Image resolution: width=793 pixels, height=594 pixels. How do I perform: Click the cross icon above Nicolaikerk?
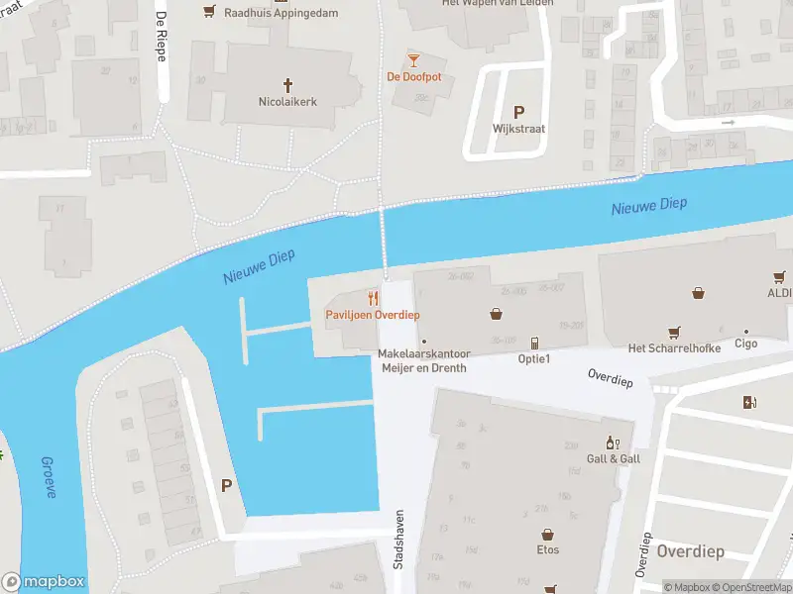[289, 85]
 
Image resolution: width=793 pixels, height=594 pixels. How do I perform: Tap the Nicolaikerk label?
[287, 102]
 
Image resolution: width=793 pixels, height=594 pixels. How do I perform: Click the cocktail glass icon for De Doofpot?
[413, 59]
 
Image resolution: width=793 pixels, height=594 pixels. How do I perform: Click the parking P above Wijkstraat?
[517, 112]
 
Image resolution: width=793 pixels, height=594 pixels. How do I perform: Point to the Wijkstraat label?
[517, 129]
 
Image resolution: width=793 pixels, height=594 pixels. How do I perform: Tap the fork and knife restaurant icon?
[373, 298]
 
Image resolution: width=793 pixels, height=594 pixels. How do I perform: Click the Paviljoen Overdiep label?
[373, 315]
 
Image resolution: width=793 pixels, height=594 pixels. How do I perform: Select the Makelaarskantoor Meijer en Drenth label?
[424, 361]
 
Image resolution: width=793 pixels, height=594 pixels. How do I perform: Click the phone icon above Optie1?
[534, 343]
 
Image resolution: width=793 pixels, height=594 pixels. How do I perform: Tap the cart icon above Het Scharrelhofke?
[674, 333]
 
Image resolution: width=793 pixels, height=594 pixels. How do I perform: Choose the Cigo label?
[745, 344]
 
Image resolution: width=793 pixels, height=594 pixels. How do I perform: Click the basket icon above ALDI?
[699, 292]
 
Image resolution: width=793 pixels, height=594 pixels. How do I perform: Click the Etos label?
[547, 550]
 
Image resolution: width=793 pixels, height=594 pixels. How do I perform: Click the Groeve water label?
[49, 477]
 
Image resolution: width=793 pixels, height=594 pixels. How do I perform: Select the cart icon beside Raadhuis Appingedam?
[209, 11]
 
